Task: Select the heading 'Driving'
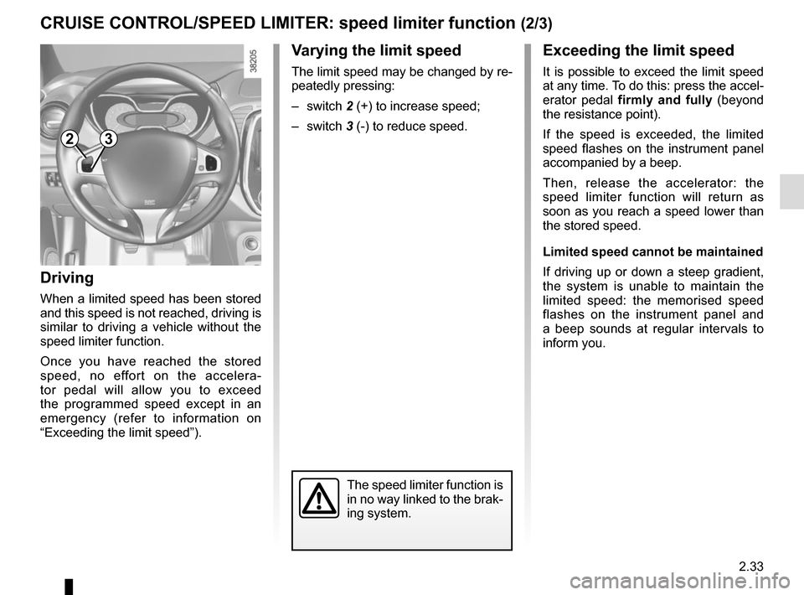(67, 277)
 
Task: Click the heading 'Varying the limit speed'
(376, 51)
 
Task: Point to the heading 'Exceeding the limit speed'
(638, 51)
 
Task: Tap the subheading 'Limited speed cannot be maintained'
(653, 251)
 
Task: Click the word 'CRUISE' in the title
(74, 23)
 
